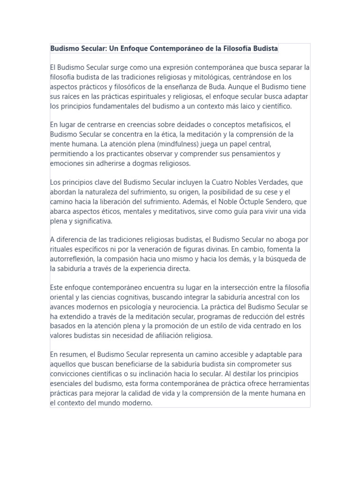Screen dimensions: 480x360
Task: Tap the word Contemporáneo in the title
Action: [178, 48]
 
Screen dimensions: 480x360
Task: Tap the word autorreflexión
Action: [74, 258]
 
